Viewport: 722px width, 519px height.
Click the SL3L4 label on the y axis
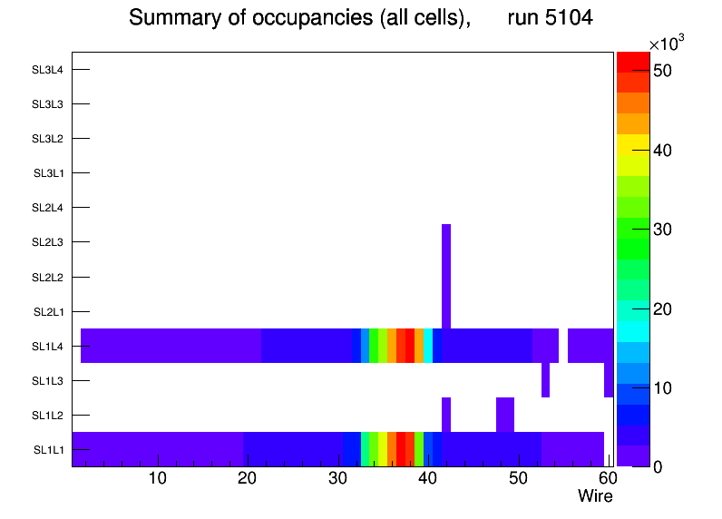47,70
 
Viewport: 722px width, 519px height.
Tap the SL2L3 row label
47,242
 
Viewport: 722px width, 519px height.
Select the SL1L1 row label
48,450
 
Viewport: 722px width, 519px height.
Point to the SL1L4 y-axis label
47,347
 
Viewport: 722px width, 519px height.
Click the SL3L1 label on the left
48,173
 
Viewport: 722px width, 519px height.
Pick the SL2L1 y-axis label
48,312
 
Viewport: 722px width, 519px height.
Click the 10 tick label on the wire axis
157,479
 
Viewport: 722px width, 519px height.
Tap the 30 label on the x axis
337,479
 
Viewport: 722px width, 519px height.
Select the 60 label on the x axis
607,479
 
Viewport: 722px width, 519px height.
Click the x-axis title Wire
595,496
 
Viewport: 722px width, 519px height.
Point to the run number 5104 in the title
551,18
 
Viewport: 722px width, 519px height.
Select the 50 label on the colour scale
661,71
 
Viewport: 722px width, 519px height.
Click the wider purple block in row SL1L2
505,415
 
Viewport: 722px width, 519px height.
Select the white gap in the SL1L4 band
563,346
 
